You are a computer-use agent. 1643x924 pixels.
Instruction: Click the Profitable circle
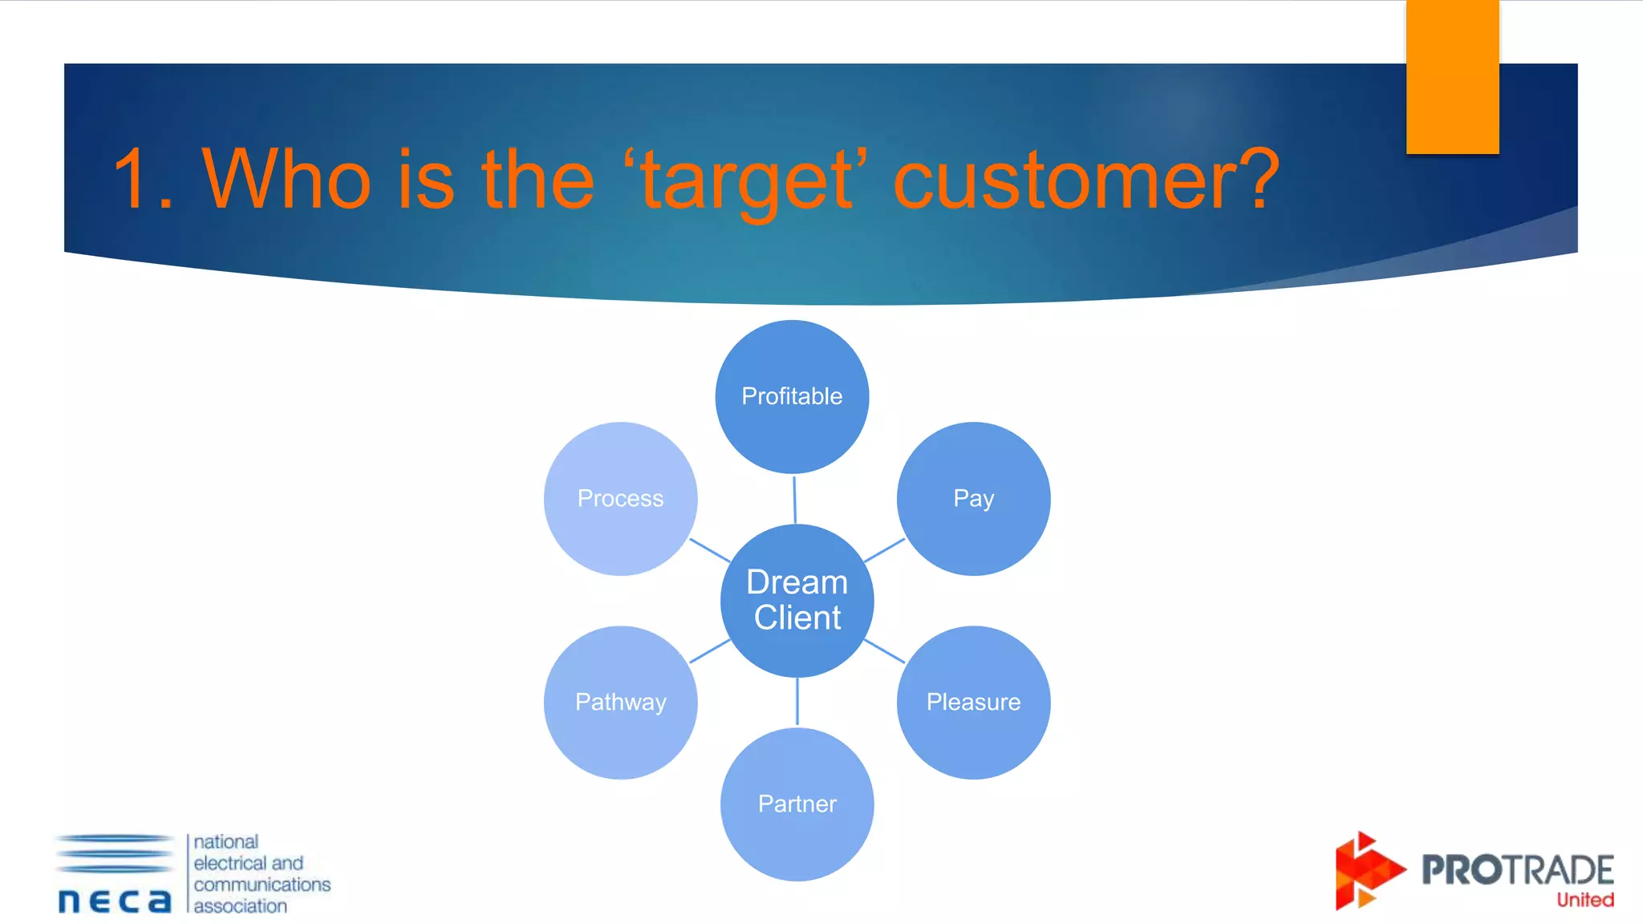tap(792, 396)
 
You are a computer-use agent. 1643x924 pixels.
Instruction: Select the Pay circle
tap(973, 498)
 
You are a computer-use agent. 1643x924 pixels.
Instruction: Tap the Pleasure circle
tap(973, 702)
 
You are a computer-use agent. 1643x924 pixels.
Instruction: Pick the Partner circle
tap(797, 804)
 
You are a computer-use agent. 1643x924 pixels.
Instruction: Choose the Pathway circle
tap(620, 702)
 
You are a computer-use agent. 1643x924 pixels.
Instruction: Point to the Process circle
tap(620, 498)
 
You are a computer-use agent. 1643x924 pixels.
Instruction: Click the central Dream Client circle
tap(797, 600)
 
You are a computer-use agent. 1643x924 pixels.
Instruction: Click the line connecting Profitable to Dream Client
tap(794, 500)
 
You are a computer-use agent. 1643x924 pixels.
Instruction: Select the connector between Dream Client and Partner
tap(797, 702)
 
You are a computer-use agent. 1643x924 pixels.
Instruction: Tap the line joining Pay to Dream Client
tap(884, 550)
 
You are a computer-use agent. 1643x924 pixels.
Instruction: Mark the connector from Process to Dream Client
tap(709, 550)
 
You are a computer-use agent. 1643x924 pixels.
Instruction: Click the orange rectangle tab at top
tap(1452, 76)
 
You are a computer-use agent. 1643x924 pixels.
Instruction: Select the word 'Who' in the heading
tap(286, 180)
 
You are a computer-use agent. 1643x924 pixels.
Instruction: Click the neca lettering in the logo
tap(115, 901)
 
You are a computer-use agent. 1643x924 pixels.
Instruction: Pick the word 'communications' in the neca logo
tap(262, 884)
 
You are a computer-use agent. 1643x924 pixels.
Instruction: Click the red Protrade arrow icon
tap(1365, 871)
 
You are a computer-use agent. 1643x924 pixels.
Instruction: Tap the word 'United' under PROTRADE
tap(1584, 900)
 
